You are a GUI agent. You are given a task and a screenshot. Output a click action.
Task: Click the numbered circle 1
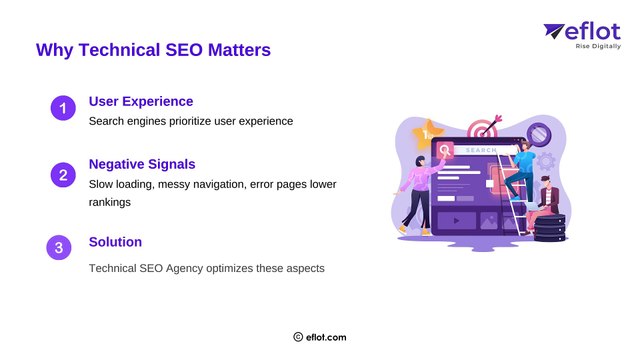pyautogui.click(x=62, y=109)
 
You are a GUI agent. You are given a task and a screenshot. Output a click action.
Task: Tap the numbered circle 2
pyautogui.click(x=62, y=176)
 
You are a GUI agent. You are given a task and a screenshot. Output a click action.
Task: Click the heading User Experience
pyautogui.click(x=141, y=101)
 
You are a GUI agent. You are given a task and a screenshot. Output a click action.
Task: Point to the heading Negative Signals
pyautogui.click(x=142, y=163)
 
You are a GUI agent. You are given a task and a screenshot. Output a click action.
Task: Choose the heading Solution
pyautogui.click(x=115, y=242)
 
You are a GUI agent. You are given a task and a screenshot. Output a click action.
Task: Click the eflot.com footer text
pyautogui.click(x=326, y=338)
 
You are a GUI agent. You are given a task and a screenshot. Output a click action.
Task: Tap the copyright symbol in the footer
pyautogui.click(x=298, y=338)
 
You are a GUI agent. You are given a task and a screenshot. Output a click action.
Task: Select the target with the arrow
pyautogui.click(x=485, y=130)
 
